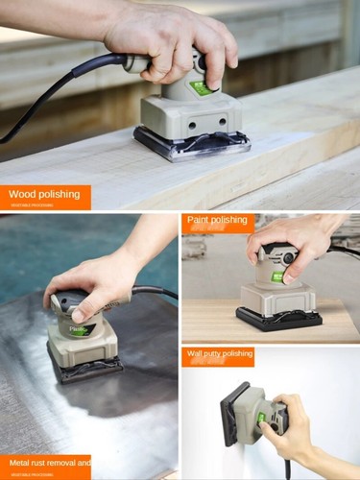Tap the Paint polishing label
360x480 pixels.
coord(218,220)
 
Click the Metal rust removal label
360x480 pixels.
coord(44,463)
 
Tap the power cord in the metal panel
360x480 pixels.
coord(154,291)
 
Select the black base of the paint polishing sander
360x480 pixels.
coord(278,319)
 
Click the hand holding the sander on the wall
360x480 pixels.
coord(293,427)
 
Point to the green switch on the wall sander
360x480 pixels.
coord(261,420)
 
